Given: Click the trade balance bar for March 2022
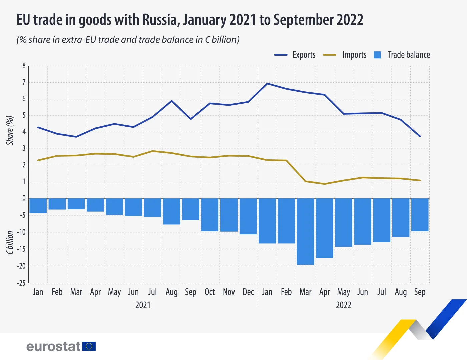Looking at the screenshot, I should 305,231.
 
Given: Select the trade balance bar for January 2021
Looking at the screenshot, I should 38,206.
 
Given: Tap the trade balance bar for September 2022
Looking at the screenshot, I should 420,215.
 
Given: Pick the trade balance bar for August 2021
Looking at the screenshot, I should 172,211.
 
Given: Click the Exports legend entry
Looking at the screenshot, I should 295,55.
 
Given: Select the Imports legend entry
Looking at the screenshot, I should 345,55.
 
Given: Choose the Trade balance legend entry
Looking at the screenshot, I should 402,55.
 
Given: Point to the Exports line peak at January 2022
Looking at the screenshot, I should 267,83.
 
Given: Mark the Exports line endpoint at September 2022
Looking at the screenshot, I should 420,136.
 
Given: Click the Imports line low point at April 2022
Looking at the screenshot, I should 324,184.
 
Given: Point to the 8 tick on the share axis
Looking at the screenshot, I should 24,66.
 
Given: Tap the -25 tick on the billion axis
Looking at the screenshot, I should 21,283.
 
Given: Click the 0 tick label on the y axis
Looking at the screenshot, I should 24,198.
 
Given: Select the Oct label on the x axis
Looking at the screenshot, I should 210,292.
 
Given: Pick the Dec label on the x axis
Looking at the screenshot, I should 248,292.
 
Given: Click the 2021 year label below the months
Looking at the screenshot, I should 143,305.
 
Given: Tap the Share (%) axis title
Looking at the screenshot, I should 10,130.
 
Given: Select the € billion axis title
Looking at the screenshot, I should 10,243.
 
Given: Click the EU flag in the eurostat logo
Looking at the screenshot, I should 89,346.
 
